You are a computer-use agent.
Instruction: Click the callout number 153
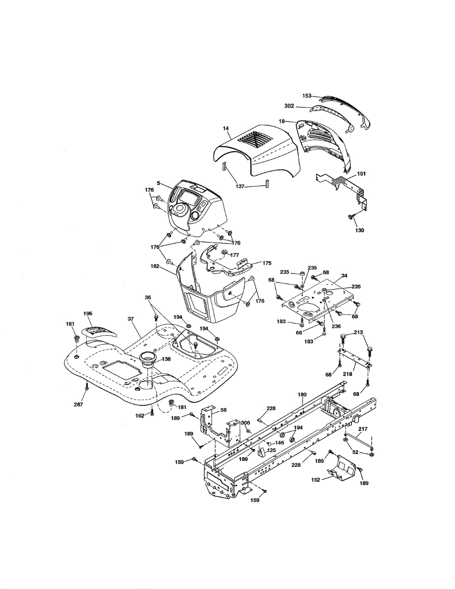(306, 96)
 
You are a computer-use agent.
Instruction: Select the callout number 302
(289, 106)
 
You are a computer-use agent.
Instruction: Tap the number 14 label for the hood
(226, 128)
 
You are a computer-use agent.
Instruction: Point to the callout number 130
(360, 230)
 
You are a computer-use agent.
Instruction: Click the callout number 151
(361, 174)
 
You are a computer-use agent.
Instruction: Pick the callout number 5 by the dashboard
(158, 183)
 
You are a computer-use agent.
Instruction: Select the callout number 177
(235, 255)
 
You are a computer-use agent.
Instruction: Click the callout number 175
(267, 263)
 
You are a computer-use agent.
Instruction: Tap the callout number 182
(155, 266)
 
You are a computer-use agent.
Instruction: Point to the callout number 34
(344, 276)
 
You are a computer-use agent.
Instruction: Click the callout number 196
(87, 313)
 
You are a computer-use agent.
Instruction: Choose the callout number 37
(131, 319)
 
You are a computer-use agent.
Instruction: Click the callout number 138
(166, 359)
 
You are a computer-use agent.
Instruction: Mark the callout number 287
(79, 404)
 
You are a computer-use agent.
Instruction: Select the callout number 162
(140, 416)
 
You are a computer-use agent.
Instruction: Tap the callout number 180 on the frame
(302, 395)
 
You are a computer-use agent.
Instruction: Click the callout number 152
(316, 480)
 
